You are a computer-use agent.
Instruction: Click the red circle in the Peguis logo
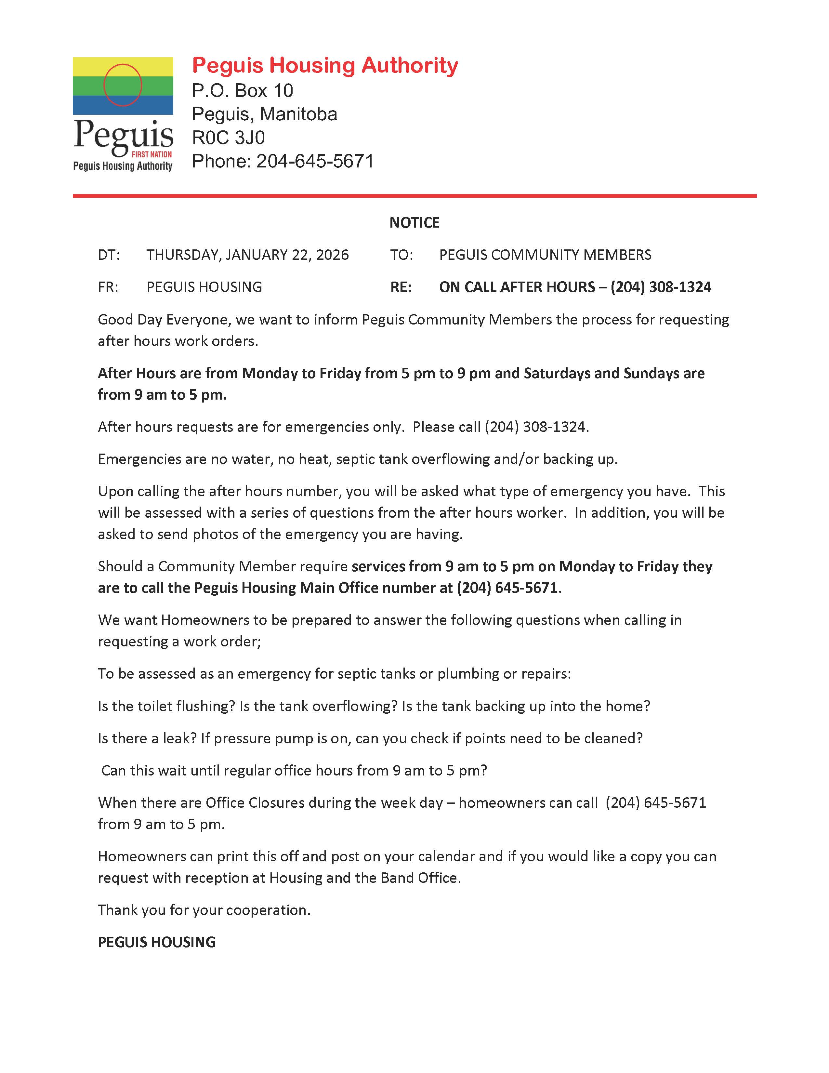123,85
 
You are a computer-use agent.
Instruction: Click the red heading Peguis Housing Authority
325,65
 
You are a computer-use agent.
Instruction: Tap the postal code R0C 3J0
228,138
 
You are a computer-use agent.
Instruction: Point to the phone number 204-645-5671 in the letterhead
315,161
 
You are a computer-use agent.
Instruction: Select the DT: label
109,255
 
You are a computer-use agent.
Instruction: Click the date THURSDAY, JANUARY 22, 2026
247,255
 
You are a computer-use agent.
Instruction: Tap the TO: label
401,255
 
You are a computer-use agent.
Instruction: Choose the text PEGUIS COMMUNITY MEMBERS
545,255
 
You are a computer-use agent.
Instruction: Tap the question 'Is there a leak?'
147,738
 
